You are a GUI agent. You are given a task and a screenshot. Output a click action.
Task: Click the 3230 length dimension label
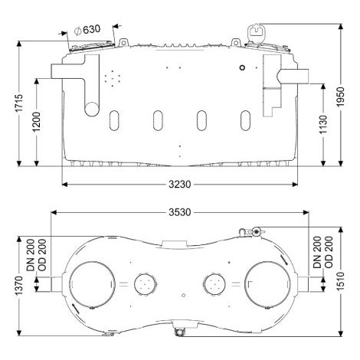180,184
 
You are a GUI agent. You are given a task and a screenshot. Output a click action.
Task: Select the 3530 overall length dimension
180,212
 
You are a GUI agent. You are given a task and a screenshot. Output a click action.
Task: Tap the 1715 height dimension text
19,103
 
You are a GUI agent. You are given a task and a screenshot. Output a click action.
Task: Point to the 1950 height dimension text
340,97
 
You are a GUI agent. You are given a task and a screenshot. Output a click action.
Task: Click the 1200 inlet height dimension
37,122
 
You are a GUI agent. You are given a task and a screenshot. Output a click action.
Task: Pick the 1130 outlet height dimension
323,125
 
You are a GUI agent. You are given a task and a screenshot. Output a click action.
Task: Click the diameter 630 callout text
87,30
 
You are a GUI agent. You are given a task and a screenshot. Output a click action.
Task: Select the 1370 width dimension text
19,286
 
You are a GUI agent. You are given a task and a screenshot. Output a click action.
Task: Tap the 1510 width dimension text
340,282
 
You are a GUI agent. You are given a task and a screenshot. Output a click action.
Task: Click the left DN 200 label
31,255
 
